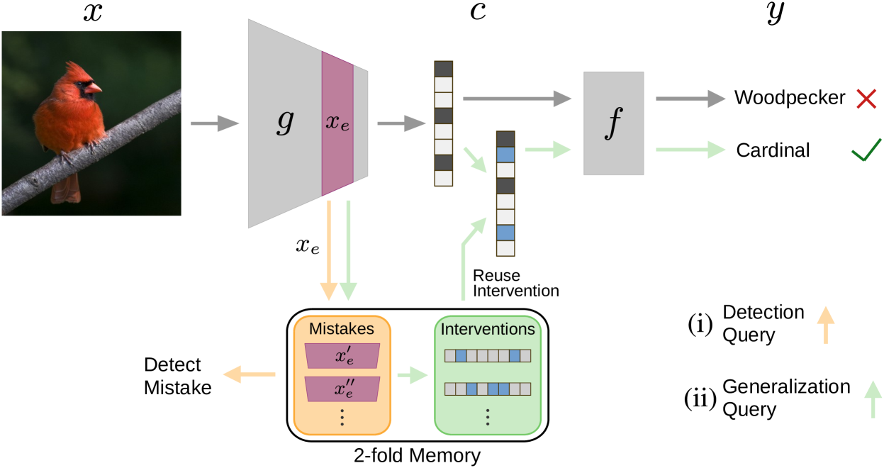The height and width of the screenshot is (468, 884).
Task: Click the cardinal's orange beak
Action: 95,89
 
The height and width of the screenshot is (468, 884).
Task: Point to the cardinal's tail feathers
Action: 66,187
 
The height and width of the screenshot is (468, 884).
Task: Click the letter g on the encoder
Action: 284,122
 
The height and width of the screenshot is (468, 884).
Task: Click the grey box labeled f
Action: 613,123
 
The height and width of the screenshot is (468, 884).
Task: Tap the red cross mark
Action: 866,99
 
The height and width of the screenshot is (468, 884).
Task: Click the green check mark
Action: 866,150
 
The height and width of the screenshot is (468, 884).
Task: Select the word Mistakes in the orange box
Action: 341,329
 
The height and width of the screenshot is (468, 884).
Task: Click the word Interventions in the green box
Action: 487,329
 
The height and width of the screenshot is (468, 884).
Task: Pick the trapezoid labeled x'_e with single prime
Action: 342,357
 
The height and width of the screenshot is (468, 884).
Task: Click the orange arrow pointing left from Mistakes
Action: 249,374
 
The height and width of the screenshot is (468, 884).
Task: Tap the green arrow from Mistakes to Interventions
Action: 413,374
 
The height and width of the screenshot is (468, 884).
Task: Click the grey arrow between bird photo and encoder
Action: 215,123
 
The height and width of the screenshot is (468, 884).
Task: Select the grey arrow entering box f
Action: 517,99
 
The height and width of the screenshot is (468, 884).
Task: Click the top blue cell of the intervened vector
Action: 505,155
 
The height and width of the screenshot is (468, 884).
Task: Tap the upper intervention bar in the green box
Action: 487,356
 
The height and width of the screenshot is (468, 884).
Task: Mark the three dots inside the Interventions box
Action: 487,417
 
